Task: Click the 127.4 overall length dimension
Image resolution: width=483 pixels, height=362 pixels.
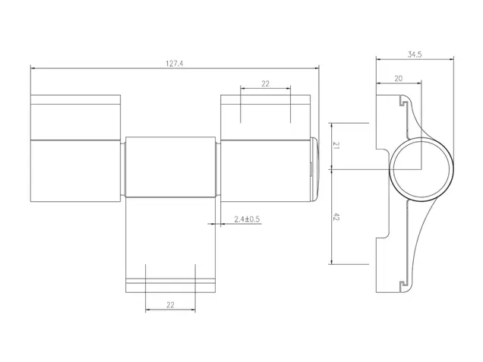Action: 175,64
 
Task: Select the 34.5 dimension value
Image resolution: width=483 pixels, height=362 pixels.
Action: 415,55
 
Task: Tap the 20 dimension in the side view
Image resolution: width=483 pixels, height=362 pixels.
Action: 398,78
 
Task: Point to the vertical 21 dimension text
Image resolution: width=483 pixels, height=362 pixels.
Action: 336,146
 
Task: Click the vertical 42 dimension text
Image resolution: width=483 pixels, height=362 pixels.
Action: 336,217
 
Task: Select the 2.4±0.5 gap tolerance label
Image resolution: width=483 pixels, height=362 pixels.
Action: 247,219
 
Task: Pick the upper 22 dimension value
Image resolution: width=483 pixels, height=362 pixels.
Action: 265,83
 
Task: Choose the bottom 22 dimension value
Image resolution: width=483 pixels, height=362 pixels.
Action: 170,305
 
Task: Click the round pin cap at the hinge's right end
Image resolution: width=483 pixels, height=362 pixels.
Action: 314,169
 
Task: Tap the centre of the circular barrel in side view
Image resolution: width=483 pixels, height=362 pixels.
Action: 421,169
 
